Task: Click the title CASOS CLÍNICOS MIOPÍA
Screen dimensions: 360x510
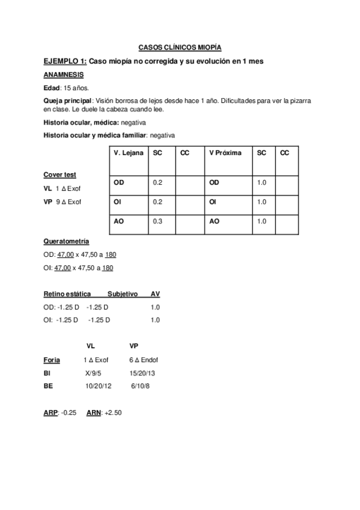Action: click(x=180, y=46)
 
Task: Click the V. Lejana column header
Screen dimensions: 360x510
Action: click(x=128, y=153)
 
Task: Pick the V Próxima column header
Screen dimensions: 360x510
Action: click(x=225, y=153)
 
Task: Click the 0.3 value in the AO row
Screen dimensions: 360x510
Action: click(x=158, y=221)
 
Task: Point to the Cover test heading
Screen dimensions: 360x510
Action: click(x=60, y=174)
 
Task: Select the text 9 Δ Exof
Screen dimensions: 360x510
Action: click(x=68, y=201)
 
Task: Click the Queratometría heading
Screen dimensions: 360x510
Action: click(x=66, y=241)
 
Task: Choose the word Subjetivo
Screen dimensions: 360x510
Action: click(x=123, y=294)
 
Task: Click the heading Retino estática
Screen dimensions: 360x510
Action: click(x=67, y=294)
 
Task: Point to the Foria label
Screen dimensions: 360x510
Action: click(x=52, y=360)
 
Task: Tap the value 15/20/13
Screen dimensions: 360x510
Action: click(x=142, y=373)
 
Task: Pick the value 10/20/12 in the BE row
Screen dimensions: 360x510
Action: click(x=99, y=386)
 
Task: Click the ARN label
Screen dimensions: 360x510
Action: click(x=93, y=413)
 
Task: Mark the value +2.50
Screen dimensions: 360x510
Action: click(x=113, y=413)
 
